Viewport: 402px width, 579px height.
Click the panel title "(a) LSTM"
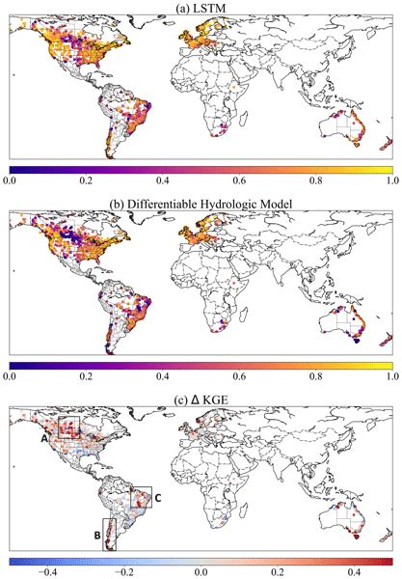coord(201,8)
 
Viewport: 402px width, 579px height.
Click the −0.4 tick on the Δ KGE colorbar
coord(43,571)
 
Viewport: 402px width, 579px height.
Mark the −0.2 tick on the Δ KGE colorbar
coord(121,571)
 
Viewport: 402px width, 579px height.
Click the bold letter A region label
coord(46,436)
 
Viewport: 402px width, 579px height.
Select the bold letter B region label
coord(96,534)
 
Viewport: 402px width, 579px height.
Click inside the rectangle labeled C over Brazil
coord(141,499)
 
